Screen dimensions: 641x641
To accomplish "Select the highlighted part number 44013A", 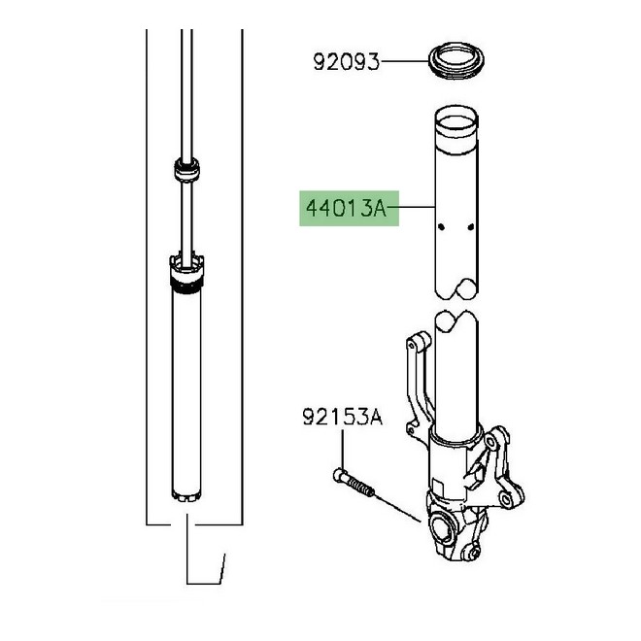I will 348,207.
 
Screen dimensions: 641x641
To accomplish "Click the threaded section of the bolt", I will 361,489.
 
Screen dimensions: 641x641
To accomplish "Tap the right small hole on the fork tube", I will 471,228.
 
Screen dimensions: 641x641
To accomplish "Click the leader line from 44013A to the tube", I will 417,207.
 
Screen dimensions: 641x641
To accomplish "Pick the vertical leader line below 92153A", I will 344,449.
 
